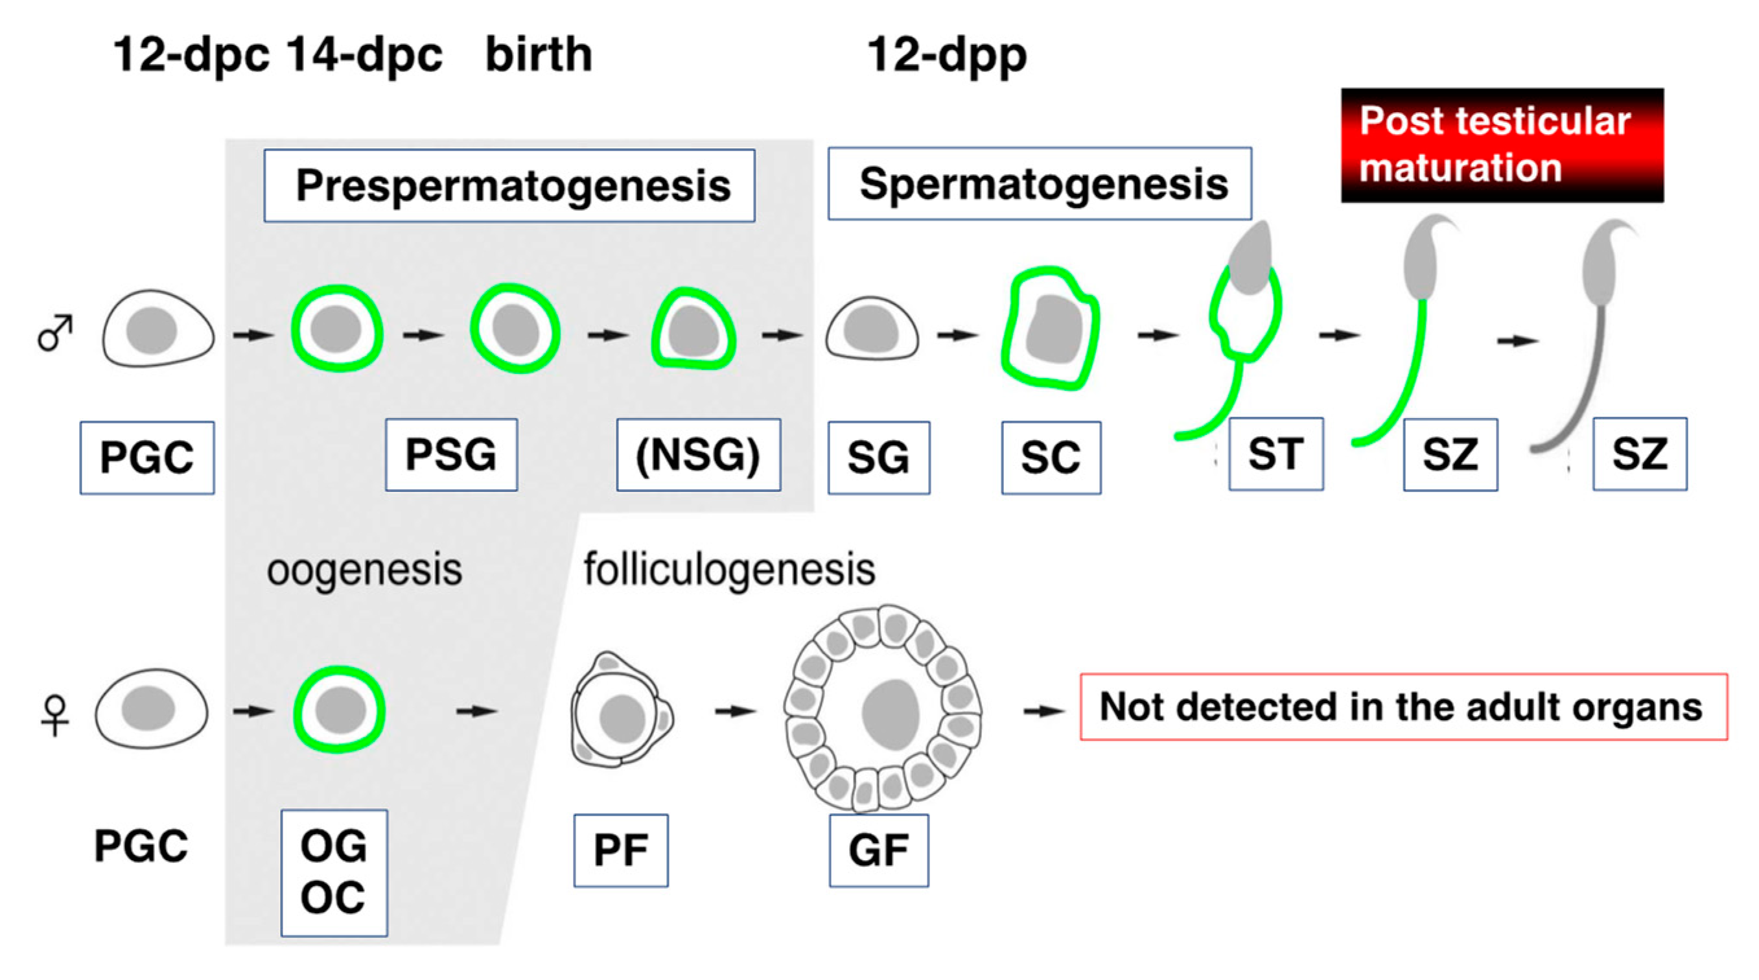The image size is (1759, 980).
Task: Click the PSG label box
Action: [x=451, y=455]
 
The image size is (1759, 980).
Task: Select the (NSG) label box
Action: [x=699, y=455]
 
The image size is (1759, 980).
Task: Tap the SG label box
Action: [x=879, y=458]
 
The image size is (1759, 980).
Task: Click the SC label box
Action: [x=1051, y=458]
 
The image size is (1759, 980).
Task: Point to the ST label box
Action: [x=1276, y=454]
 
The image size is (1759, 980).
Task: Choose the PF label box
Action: [x=621, y=850]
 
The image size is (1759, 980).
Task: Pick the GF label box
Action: [x=879, y=850]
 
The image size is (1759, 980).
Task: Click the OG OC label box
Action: [x=334, y=872]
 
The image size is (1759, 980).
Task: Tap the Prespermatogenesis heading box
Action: [x=509, y=186]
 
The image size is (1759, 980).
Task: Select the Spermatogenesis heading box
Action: [x=1040, y=183]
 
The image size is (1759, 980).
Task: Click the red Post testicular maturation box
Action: [x=1502, y=145]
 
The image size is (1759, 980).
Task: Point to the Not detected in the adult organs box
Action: [x=1403, y=707]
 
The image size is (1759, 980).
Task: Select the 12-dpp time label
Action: [x=946, y=56]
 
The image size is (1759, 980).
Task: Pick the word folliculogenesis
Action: [x=729, y=570]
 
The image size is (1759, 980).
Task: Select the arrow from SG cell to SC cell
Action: [x=957, y=334]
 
